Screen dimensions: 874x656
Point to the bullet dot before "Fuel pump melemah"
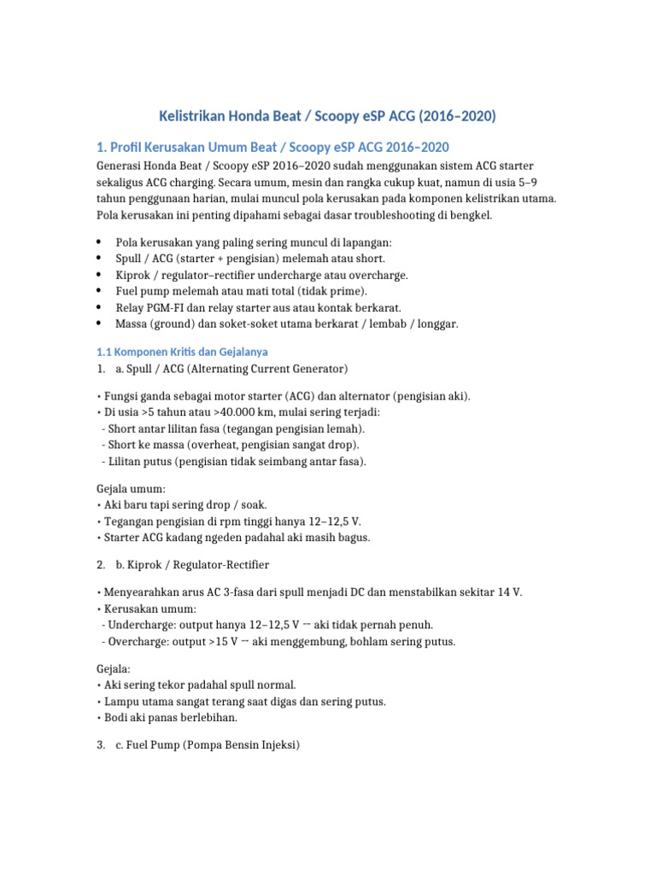point(100,292)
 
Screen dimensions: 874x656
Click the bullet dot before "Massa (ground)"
point(100,324)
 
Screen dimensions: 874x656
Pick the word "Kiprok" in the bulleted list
point(133,276)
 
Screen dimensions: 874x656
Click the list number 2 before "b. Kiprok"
point(100,565)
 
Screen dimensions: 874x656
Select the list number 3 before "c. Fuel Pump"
point(100,745)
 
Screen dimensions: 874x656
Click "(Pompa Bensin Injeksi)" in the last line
point(241,745)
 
